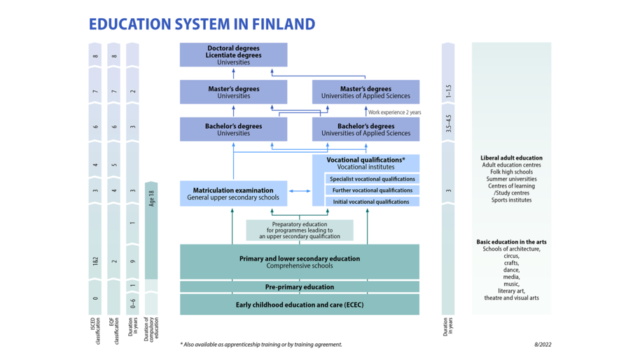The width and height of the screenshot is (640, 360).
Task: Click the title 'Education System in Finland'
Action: pos(202,24)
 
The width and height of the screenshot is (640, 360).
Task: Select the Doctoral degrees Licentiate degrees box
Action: pos(233,55)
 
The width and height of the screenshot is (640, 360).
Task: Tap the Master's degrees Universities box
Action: pos(233,92)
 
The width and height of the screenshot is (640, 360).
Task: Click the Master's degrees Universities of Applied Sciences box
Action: pos(366,92)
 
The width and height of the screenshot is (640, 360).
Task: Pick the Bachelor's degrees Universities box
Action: pos(233,130)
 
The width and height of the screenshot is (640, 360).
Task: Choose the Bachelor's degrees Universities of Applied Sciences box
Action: pos(366,130)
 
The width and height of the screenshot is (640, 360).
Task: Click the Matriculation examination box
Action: pos(233,194)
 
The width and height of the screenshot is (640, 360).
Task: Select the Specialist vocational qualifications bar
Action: pos(372,179)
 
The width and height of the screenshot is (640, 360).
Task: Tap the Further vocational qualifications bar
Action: pos(372,191)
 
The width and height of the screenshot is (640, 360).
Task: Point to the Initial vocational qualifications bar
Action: pos(372,202)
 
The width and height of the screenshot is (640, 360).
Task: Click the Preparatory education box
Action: pos(300,230)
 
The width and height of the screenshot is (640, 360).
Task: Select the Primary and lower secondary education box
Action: pos(300,261)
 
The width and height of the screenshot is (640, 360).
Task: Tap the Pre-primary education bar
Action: pos(300,287)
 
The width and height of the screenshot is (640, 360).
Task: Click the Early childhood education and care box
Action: pos(300,305)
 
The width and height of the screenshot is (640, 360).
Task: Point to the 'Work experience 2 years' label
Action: pos(394,112)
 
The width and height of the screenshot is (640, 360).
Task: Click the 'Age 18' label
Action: pos(151,198)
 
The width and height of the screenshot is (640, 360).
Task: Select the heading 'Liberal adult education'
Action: pos(511,158)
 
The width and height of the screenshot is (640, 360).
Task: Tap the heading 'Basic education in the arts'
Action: pos(511,242)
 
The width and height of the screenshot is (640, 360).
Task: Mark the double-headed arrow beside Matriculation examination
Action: pos(300,191)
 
